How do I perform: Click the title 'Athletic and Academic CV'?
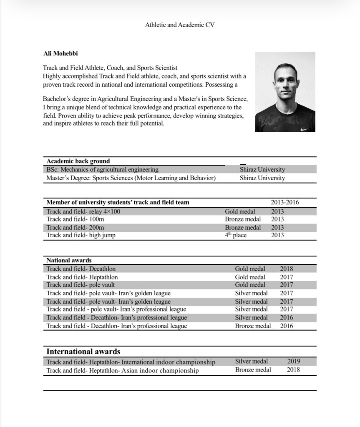(180, 25)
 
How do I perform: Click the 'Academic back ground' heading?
(78, 161)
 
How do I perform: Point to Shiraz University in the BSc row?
(262, 170)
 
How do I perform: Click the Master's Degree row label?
(131, 178)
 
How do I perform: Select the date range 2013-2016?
(284, 203)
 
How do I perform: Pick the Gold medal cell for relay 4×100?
(240, 211)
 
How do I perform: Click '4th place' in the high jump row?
(236, 235)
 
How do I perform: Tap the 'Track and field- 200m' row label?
(75, 228)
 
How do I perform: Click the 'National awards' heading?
(69, 260)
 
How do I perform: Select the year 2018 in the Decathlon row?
(286, 269)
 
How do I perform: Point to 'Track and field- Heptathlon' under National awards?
(82, 277)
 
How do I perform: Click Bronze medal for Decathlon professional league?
(253, 326)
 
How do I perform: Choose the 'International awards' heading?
(83, 352)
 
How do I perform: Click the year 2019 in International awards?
(293, 362)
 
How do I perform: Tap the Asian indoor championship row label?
(122, 370)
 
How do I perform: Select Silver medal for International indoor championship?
(251, 362)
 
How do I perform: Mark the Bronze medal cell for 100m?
(243, 219)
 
